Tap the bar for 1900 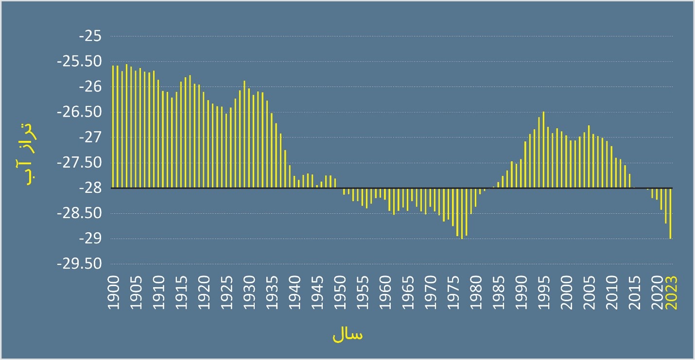[113, 126]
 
